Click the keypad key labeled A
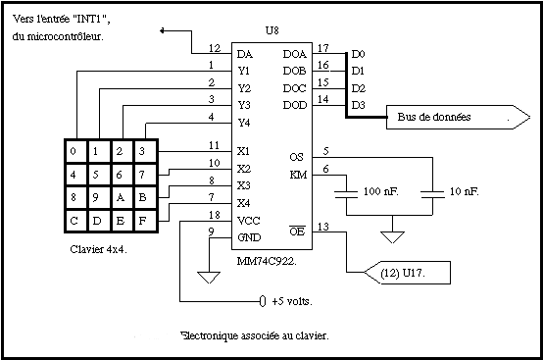tap(121, 197)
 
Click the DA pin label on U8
tap(245, 54)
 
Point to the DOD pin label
tap(295, 105)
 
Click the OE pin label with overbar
tap(297, 231)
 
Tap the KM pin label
tap(298, 175)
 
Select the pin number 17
tap(322, 48)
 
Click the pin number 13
tap(322, 227)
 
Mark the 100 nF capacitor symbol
tap(346, 194)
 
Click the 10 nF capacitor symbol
tap(432, 194)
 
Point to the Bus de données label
tap(434, 117)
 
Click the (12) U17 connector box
tap(408, 273)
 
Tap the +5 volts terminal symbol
tap(263, 301)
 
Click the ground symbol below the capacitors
tap(392, 237)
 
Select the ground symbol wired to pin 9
tap(209, 278)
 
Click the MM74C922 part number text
tap(267, 261)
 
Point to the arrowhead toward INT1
tap(162, 30)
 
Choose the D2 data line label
tap(359, 88)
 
